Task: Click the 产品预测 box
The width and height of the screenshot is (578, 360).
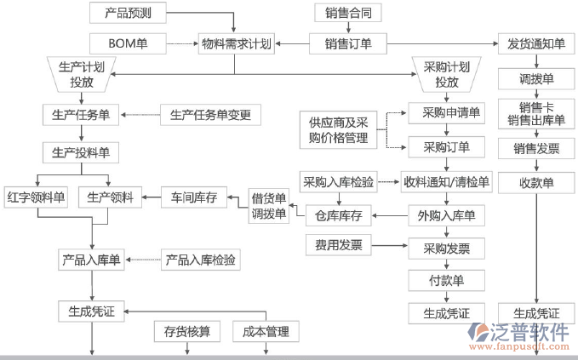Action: [129, 13]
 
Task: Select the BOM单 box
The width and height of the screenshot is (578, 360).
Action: [129, 43]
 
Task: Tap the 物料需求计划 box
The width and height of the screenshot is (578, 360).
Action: [237, 43]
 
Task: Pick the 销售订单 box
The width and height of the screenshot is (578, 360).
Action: [347, 43]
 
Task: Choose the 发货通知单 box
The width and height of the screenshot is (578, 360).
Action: [536, 43]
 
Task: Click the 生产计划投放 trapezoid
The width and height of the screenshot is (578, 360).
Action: [83, 74]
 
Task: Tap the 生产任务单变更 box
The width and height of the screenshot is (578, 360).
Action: [210, 114]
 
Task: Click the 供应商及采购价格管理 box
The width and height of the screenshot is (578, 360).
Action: [338, 130]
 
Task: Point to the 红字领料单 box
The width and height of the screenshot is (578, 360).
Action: [36, 197]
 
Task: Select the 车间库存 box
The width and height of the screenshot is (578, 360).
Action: [193, 197]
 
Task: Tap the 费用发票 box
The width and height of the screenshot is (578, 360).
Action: [339, 246]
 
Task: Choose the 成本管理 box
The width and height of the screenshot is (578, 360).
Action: [266, 331]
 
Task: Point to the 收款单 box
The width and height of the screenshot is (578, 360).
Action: [536, 182]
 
